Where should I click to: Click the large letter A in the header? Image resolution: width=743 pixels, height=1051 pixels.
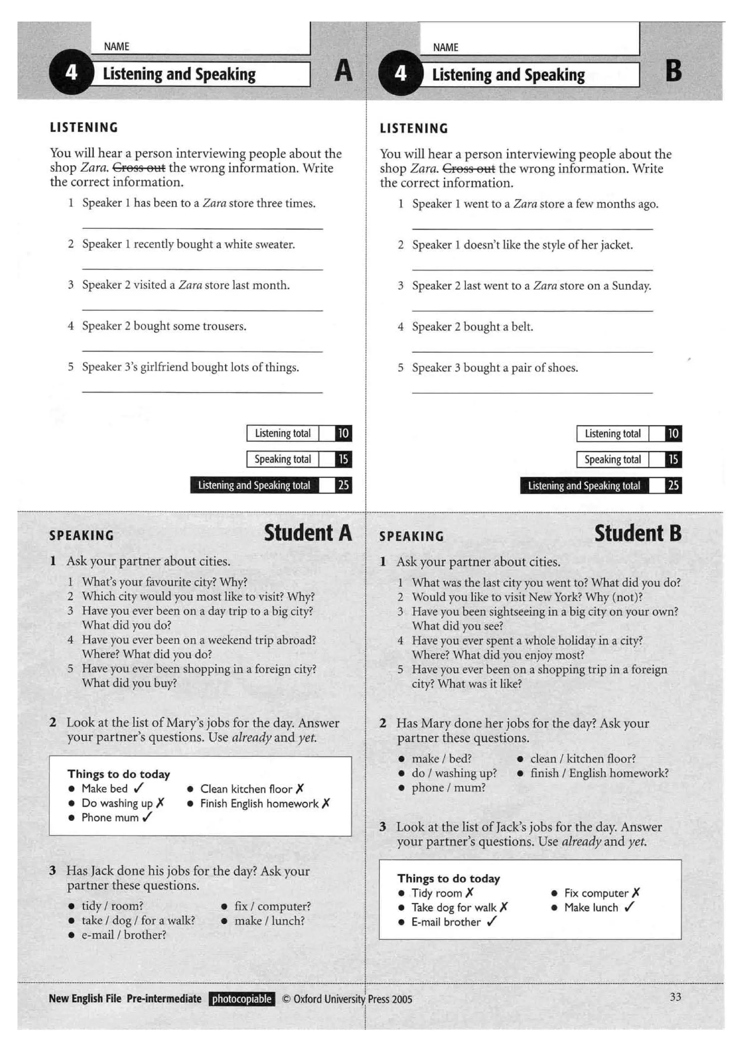tap(343, 71)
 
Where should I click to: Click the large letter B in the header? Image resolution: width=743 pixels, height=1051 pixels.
tap(673, 71)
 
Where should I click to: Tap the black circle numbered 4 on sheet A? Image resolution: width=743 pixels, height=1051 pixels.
tap(71, 72)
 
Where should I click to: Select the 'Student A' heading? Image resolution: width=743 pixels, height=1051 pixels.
tap(308, 533)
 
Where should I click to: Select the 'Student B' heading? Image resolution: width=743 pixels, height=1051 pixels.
tap(638, 533)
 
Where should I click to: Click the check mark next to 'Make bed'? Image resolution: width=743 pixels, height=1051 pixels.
tap(139, 788)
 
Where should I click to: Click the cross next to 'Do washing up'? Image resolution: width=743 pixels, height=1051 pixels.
tap(160, 803)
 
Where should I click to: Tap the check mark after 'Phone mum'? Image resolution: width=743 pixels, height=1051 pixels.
tap(147, 817)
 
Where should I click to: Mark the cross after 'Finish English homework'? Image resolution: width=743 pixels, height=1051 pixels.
tap(325, 803)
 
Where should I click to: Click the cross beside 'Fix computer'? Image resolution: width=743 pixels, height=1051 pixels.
tap(636, 893)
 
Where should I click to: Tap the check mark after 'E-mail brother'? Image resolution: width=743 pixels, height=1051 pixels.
tap(491, 922)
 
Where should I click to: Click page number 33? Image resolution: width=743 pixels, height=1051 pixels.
tap(675, 997)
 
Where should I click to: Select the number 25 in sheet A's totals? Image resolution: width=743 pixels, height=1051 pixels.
tap(343, 485)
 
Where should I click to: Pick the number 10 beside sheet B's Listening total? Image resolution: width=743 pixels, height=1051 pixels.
tap(673, 433)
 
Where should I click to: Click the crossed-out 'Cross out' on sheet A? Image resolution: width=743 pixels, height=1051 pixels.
tap(139, 168)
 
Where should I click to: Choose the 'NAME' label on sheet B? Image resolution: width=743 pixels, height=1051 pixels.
tap(445, 48)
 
